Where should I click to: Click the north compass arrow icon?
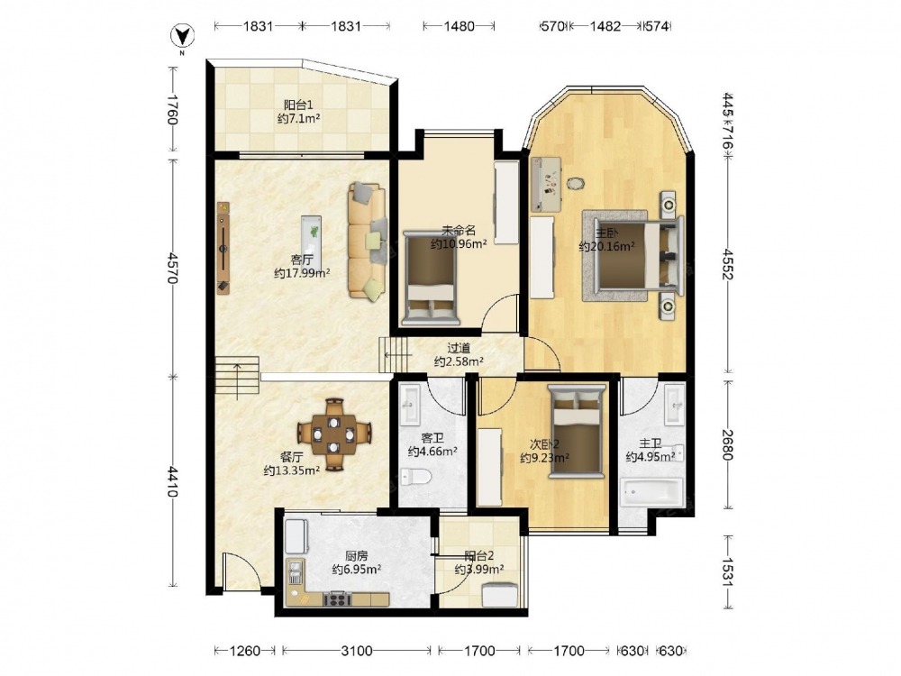[x=183, y=36]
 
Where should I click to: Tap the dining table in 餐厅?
[x=334, y=434]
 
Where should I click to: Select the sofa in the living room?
[x=367, y=241]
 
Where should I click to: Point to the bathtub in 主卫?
[x=651, y=491]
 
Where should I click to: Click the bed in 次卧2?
[x=577, y=432]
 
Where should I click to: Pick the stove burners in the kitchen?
[x=337, y=599]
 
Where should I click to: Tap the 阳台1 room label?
[x=298, y=105]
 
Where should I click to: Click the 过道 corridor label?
[x=459, y=348]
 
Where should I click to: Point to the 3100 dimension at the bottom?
[x=356, y=651]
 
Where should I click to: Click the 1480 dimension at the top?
[x=460, y=26]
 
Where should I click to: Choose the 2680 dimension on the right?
[x=727, y=445]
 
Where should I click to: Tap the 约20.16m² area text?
[x=606, y=247]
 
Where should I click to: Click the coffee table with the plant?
[x=312, y=236]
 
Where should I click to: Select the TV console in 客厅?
[x=223, y=248]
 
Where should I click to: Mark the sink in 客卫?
[x=411, y=404]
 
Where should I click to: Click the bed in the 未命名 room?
[x=431, y=279]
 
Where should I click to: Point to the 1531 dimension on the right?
[x=727, y=572]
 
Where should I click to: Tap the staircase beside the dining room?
[x=237, y=378]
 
